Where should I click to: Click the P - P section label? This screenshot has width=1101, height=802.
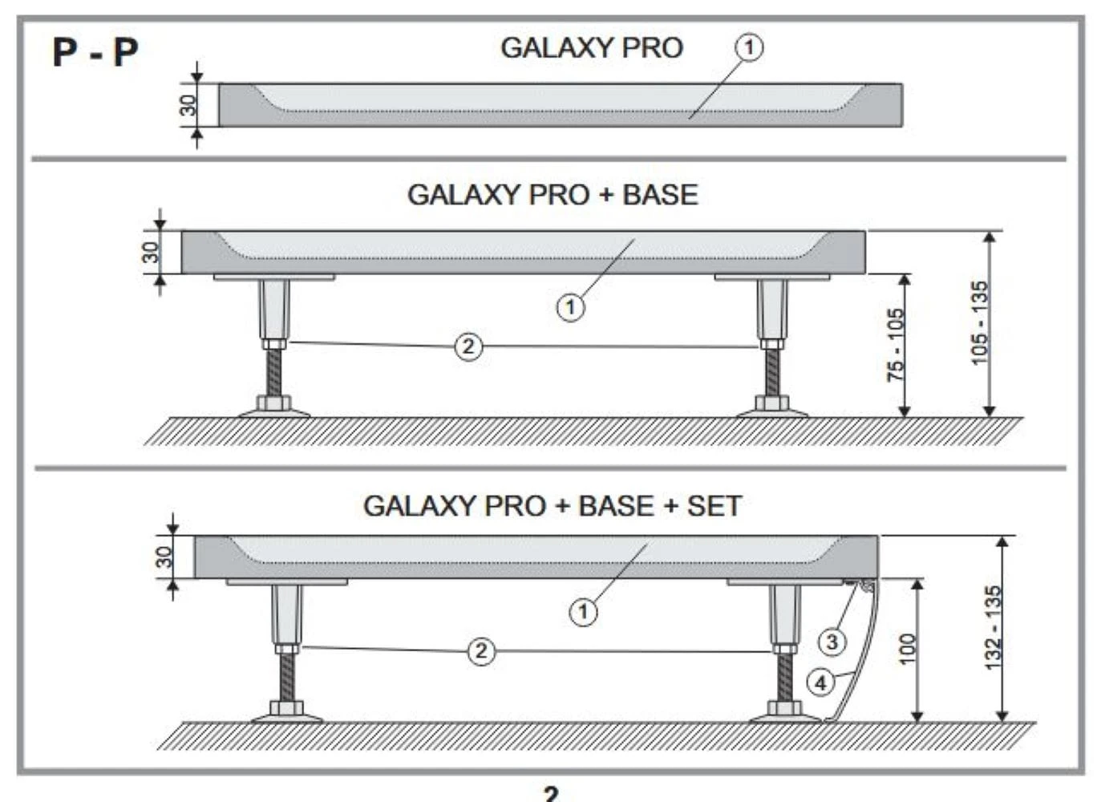95,52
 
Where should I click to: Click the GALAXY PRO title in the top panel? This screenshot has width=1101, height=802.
592,48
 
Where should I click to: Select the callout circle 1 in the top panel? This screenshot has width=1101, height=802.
749,47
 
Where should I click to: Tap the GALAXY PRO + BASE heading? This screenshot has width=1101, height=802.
553,195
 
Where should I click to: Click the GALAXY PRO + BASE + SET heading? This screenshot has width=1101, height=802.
552,506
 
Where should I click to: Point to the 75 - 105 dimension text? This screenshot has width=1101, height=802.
895,345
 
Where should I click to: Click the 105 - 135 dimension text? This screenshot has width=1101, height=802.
979,322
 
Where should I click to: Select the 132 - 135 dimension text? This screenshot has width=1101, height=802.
993,627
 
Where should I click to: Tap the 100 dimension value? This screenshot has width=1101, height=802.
907,648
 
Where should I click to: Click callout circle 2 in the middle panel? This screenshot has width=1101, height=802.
468,346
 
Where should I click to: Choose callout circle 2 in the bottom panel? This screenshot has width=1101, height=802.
480,650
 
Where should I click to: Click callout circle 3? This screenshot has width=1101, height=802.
832,642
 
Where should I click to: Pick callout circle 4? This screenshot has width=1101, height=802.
820,683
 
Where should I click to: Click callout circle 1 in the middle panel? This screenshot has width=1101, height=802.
570,306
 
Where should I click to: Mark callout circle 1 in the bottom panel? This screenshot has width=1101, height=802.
583,612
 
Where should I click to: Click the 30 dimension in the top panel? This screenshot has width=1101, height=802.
187,105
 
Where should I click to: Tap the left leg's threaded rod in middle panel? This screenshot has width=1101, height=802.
274,373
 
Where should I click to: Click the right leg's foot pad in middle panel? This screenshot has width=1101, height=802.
771,411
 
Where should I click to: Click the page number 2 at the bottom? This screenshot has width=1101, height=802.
550,794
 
